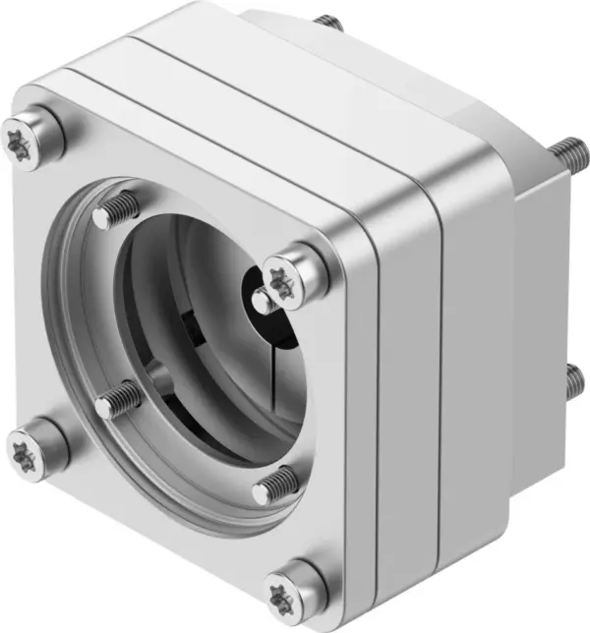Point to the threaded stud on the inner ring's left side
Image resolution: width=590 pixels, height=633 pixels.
pyautogui.click(x=117, y=398)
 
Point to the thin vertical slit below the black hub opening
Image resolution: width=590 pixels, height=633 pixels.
pyautogui.click(x=265, y=374)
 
